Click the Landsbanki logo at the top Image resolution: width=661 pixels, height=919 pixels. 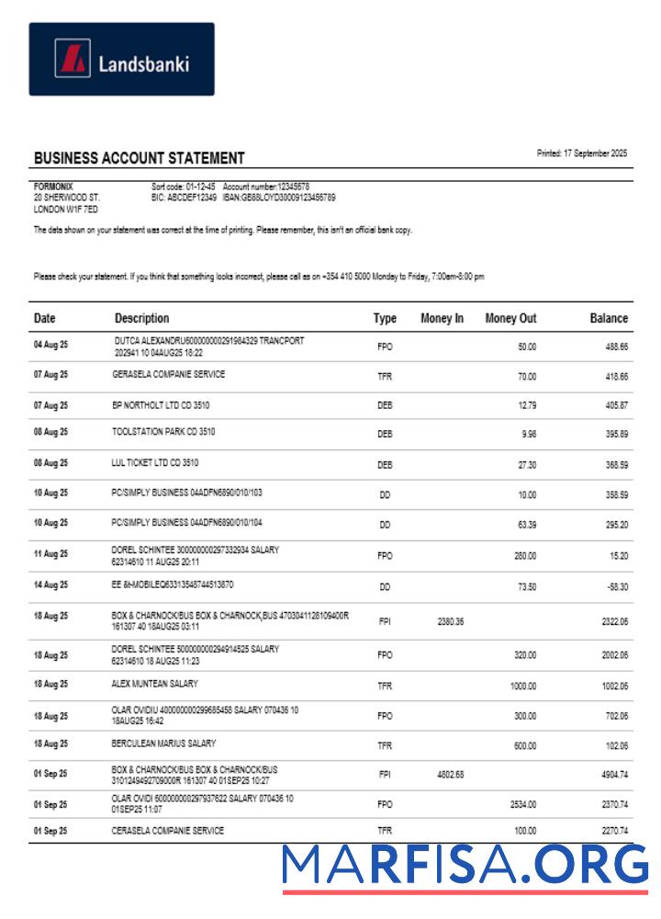121,60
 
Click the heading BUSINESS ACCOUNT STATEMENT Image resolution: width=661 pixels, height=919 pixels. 140,158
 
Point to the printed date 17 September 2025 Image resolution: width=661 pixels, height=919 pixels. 582,153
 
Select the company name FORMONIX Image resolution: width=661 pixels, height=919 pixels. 53,187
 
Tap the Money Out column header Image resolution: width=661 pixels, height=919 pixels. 510,319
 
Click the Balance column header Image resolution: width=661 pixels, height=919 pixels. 609,319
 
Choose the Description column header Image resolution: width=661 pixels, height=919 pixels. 141,319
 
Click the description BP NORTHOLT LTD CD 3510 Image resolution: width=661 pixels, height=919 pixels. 162,403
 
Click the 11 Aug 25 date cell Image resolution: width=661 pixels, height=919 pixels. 50,554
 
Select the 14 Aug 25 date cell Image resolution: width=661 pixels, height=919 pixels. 50,584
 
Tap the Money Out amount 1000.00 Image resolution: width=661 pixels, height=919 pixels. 522,686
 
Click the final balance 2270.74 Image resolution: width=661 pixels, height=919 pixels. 613,831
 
